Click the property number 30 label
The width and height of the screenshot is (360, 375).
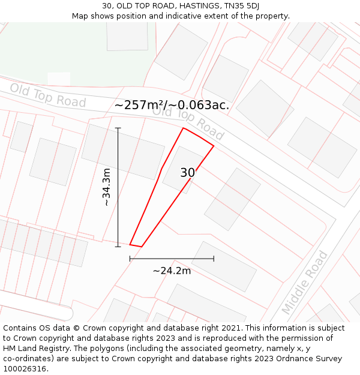187,173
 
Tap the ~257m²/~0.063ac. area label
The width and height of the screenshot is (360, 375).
172,105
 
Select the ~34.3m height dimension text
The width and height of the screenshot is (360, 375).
107,187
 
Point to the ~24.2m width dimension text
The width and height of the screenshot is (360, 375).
172,271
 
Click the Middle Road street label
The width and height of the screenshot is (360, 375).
305,283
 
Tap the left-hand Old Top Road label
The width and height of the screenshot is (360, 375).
48,96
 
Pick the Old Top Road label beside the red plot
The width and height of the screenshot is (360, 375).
188,123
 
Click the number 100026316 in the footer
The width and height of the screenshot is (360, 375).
25,368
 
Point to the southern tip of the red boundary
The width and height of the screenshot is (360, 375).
141,247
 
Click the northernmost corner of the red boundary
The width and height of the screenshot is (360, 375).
184,128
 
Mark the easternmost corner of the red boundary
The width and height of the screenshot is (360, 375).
214,145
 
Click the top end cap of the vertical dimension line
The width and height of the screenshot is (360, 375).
118,128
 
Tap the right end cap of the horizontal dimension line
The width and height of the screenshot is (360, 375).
214,259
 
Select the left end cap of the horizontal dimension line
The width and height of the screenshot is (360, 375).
130,259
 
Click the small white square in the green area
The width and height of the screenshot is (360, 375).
59,79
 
